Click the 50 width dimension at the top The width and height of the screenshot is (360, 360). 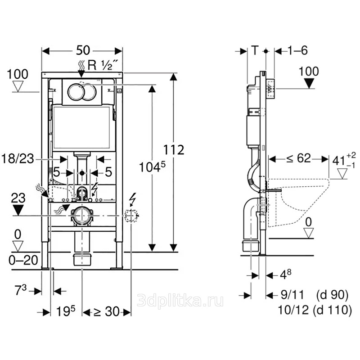[82, 50]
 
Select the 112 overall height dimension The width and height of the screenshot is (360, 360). [174, 149]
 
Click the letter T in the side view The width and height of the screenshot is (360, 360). [256, 50]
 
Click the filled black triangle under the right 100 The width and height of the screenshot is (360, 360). [309, 84]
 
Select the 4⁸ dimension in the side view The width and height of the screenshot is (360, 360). [283, 274]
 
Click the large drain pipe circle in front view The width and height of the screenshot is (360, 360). [82, 216]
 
